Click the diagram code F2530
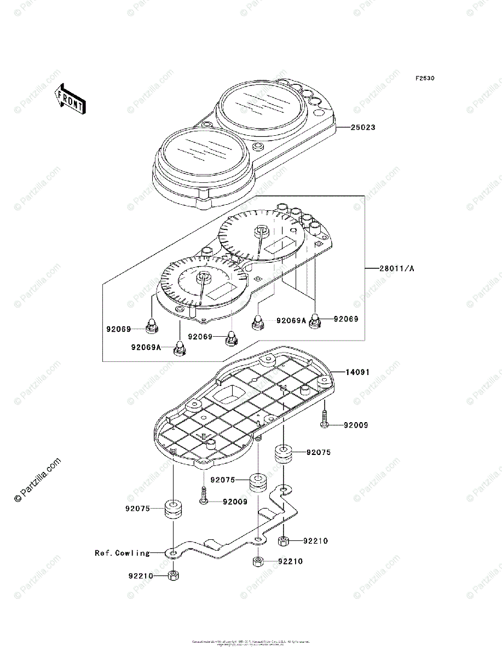(x=424, y=79)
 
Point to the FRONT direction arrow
(x=70, y=99)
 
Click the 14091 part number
(x=357, y=372)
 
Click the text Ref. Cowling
(x=122, y=553)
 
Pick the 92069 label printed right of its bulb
(x=346, y=318)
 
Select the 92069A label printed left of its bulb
(x=146, y=347)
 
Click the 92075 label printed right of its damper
(x=319, y=453)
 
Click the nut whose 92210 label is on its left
(x=172, y=575)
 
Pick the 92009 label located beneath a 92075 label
(x=235, y=502)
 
